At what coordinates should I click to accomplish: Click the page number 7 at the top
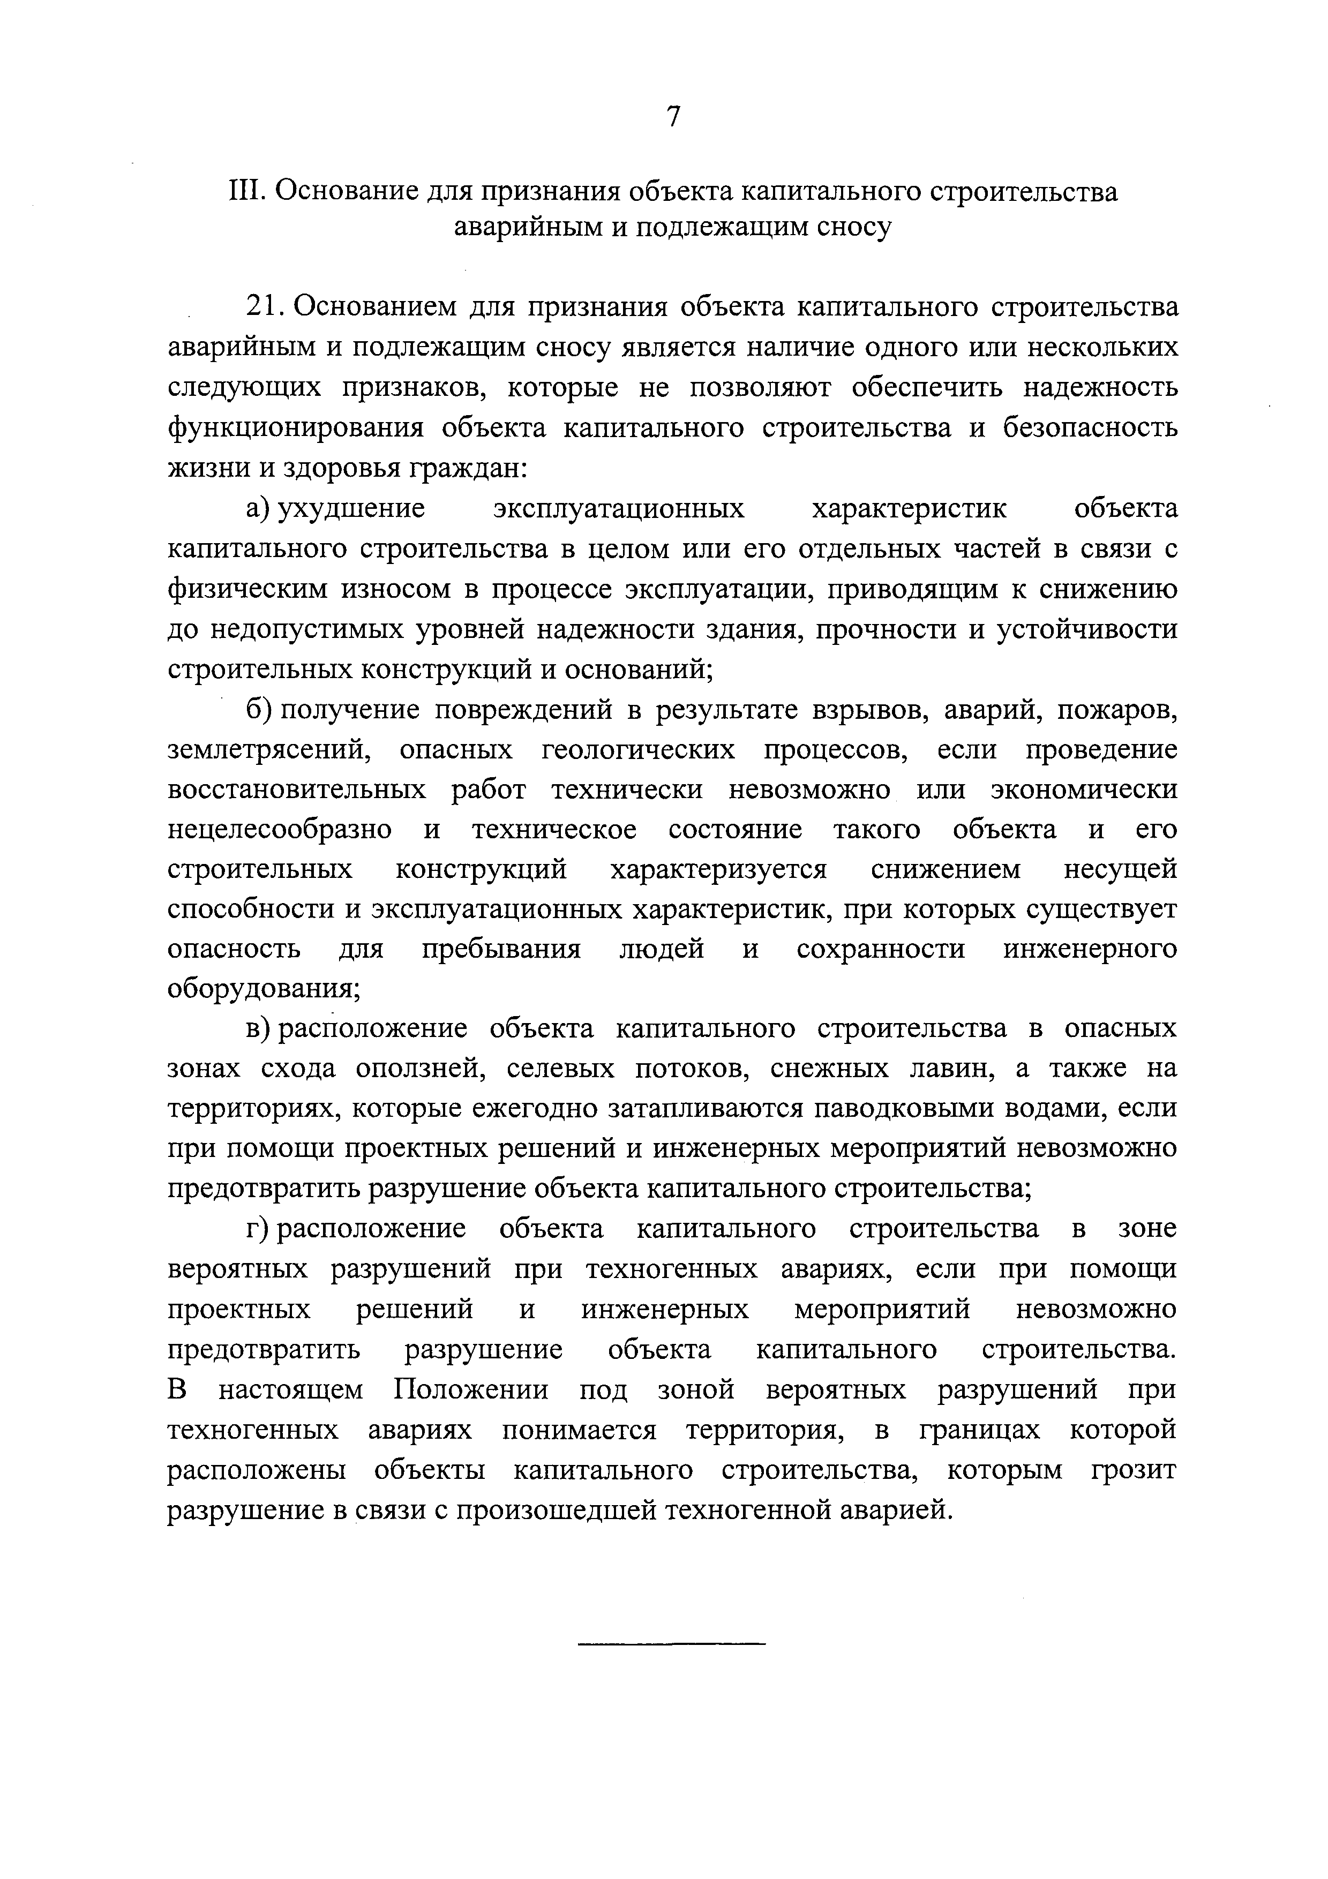pos(673,117)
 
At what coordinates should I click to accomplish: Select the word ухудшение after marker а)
pos(352,509)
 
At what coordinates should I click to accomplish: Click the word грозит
pos(1133,1471)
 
